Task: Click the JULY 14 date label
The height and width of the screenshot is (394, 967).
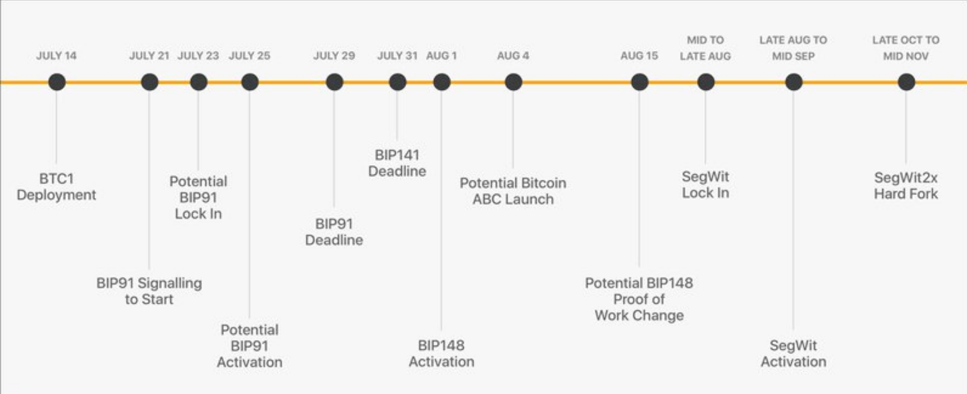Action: [56, 56]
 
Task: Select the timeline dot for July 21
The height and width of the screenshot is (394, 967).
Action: [150, 82]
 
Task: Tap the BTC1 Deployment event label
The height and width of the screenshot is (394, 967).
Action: [56, 187]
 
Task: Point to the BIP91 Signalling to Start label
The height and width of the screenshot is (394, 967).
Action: [149, 291]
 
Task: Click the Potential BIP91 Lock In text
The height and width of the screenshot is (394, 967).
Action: [198, 197]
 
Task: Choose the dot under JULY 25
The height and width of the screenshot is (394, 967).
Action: [250, 82]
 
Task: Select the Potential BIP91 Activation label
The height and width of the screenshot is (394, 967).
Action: [249, 346]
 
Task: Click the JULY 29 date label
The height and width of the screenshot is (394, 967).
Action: [334, 56]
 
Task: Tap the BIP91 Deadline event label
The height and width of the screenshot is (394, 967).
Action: [334, 232]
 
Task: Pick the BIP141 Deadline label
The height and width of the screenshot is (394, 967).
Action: [397, 163]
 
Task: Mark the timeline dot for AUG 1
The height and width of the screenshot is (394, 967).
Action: [442, 82]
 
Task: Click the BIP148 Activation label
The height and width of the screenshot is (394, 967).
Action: [441, 353]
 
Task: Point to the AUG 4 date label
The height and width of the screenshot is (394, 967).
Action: [513, 56]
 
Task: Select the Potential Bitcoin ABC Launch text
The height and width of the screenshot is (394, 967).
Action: [513, 191]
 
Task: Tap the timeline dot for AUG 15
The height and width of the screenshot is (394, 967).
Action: [640, 82]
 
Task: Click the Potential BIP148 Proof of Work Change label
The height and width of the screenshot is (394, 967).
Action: [639, 299]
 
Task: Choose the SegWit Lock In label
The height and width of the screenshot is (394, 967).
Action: [706, 185]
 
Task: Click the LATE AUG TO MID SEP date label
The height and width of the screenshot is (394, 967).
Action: [794, 48]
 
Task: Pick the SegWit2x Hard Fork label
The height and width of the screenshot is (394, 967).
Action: [906, 185]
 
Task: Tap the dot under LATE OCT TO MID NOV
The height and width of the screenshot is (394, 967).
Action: [906, 82]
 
